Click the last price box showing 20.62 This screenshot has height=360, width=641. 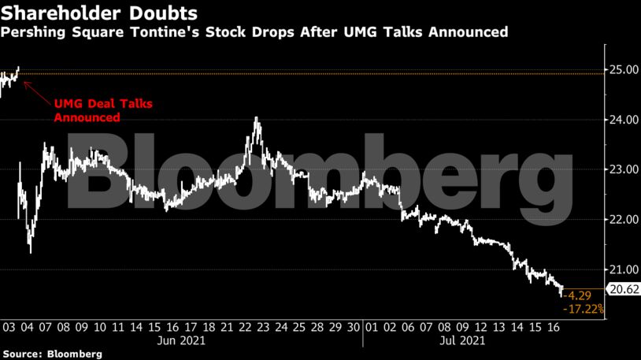624,289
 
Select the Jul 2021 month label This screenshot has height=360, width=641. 458,341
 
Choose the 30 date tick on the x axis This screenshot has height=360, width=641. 354,326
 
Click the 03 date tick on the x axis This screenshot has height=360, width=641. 9,326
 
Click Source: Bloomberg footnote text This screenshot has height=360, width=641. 52,354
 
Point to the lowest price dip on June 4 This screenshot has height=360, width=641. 30,252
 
